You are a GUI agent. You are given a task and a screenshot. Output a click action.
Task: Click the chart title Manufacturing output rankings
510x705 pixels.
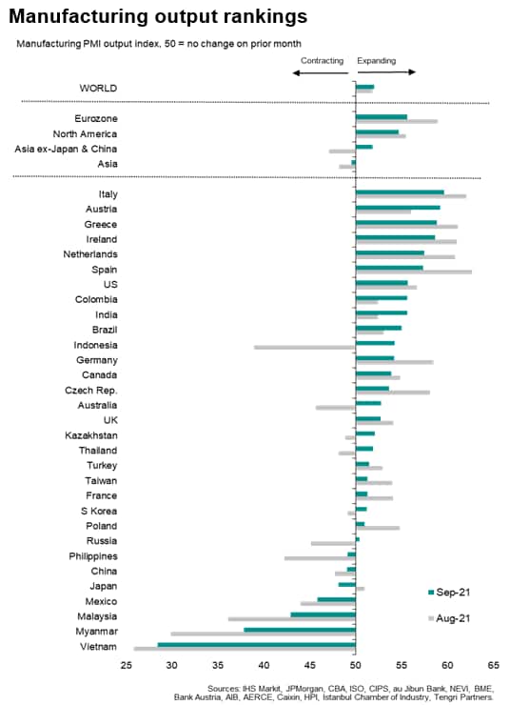(158, 16)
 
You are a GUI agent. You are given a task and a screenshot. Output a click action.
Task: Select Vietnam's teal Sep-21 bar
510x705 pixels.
(256, 645)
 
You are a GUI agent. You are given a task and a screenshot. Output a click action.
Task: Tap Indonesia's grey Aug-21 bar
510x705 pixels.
(304, 347)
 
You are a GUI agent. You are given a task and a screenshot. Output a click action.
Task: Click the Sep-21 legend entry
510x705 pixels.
(449, 593)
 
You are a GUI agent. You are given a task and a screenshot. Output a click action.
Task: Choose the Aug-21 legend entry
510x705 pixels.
(449, 618)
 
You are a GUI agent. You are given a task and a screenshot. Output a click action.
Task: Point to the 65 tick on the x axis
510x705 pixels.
(493, 665)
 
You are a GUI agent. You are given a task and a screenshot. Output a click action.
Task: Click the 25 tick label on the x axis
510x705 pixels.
(127, 665)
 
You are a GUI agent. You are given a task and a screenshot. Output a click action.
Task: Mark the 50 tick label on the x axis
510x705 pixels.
(355, 665)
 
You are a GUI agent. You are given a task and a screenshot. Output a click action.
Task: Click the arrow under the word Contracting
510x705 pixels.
(321, 72)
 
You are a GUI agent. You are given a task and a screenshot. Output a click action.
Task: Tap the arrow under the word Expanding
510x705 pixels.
(386, 72)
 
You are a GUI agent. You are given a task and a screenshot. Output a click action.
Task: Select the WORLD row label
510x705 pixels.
(98, 88)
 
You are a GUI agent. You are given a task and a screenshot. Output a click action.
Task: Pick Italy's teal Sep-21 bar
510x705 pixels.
(400, 192)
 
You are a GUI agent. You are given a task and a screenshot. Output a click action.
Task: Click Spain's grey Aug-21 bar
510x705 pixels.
(414, 272)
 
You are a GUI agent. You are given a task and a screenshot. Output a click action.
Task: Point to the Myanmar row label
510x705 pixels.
(96, 632)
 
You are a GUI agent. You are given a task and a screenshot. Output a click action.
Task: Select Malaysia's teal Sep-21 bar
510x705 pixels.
(323, 614)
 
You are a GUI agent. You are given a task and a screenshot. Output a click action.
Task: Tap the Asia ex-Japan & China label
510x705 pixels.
(66, 149)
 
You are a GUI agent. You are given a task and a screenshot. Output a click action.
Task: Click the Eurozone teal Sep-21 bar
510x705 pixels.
(382, 117)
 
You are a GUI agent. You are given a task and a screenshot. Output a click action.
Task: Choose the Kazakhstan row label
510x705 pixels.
(91, 435)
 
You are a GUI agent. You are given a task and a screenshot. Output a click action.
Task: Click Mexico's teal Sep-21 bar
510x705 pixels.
(336, 599)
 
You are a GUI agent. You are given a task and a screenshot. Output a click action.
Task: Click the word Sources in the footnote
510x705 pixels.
(223, 689)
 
